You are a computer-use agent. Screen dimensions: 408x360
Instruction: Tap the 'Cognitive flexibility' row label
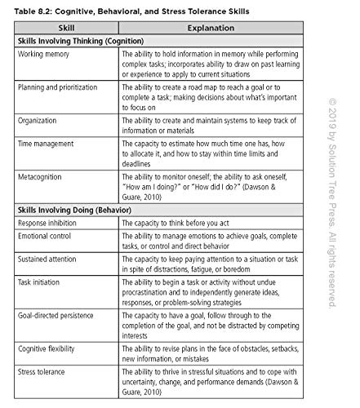pyautogui.click(x=53, y=347)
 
